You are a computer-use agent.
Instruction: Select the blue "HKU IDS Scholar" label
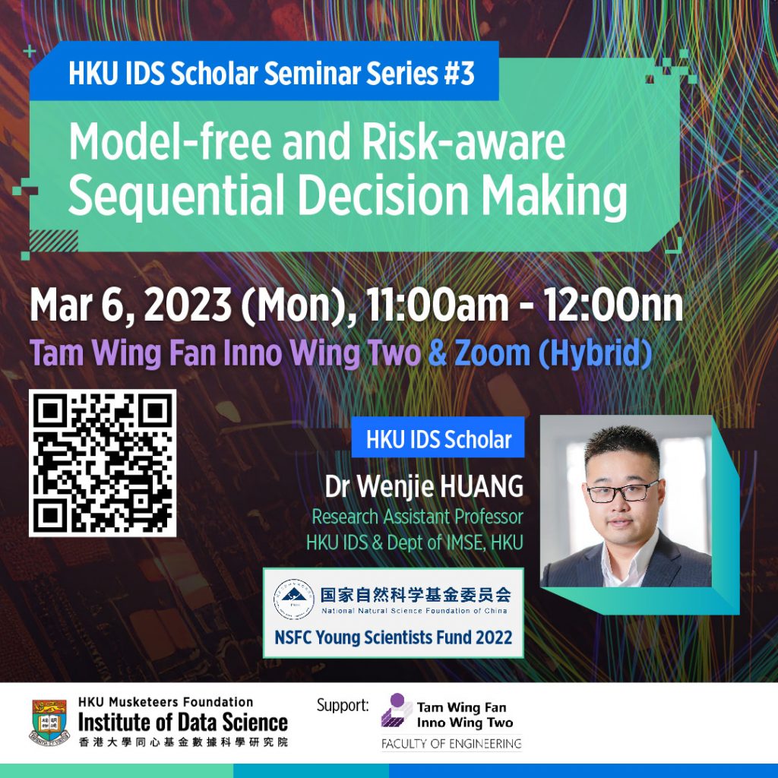pyautogui.click(x=438, y=439)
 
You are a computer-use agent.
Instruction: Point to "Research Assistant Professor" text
pyautogui.click(x=417, y=517)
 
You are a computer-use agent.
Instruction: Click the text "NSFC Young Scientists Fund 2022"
pyautogui.click(x=393, y=636)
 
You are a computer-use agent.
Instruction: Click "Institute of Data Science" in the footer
pyautogui.click(x=183, y=721)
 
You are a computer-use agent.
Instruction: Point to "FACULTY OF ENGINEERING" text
pyautogui.click(x=451, y=743)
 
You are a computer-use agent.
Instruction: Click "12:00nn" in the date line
pyautogui.click(x=615, y=305)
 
